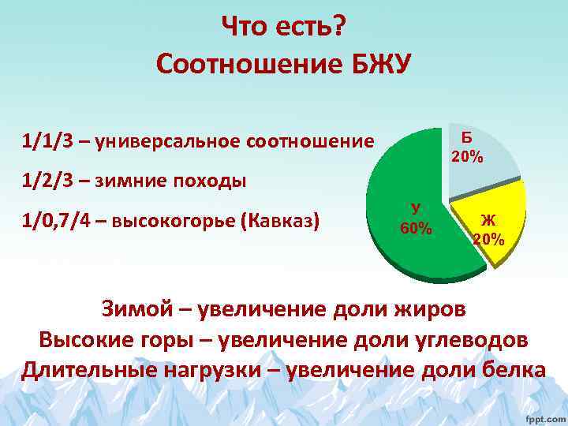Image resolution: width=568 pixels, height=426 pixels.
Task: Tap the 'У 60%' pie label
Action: (x=416, y=219)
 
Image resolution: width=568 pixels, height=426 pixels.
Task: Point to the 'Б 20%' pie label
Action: (x=467, y=148)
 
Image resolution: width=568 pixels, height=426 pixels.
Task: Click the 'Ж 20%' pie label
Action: (x=488, y=230)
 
